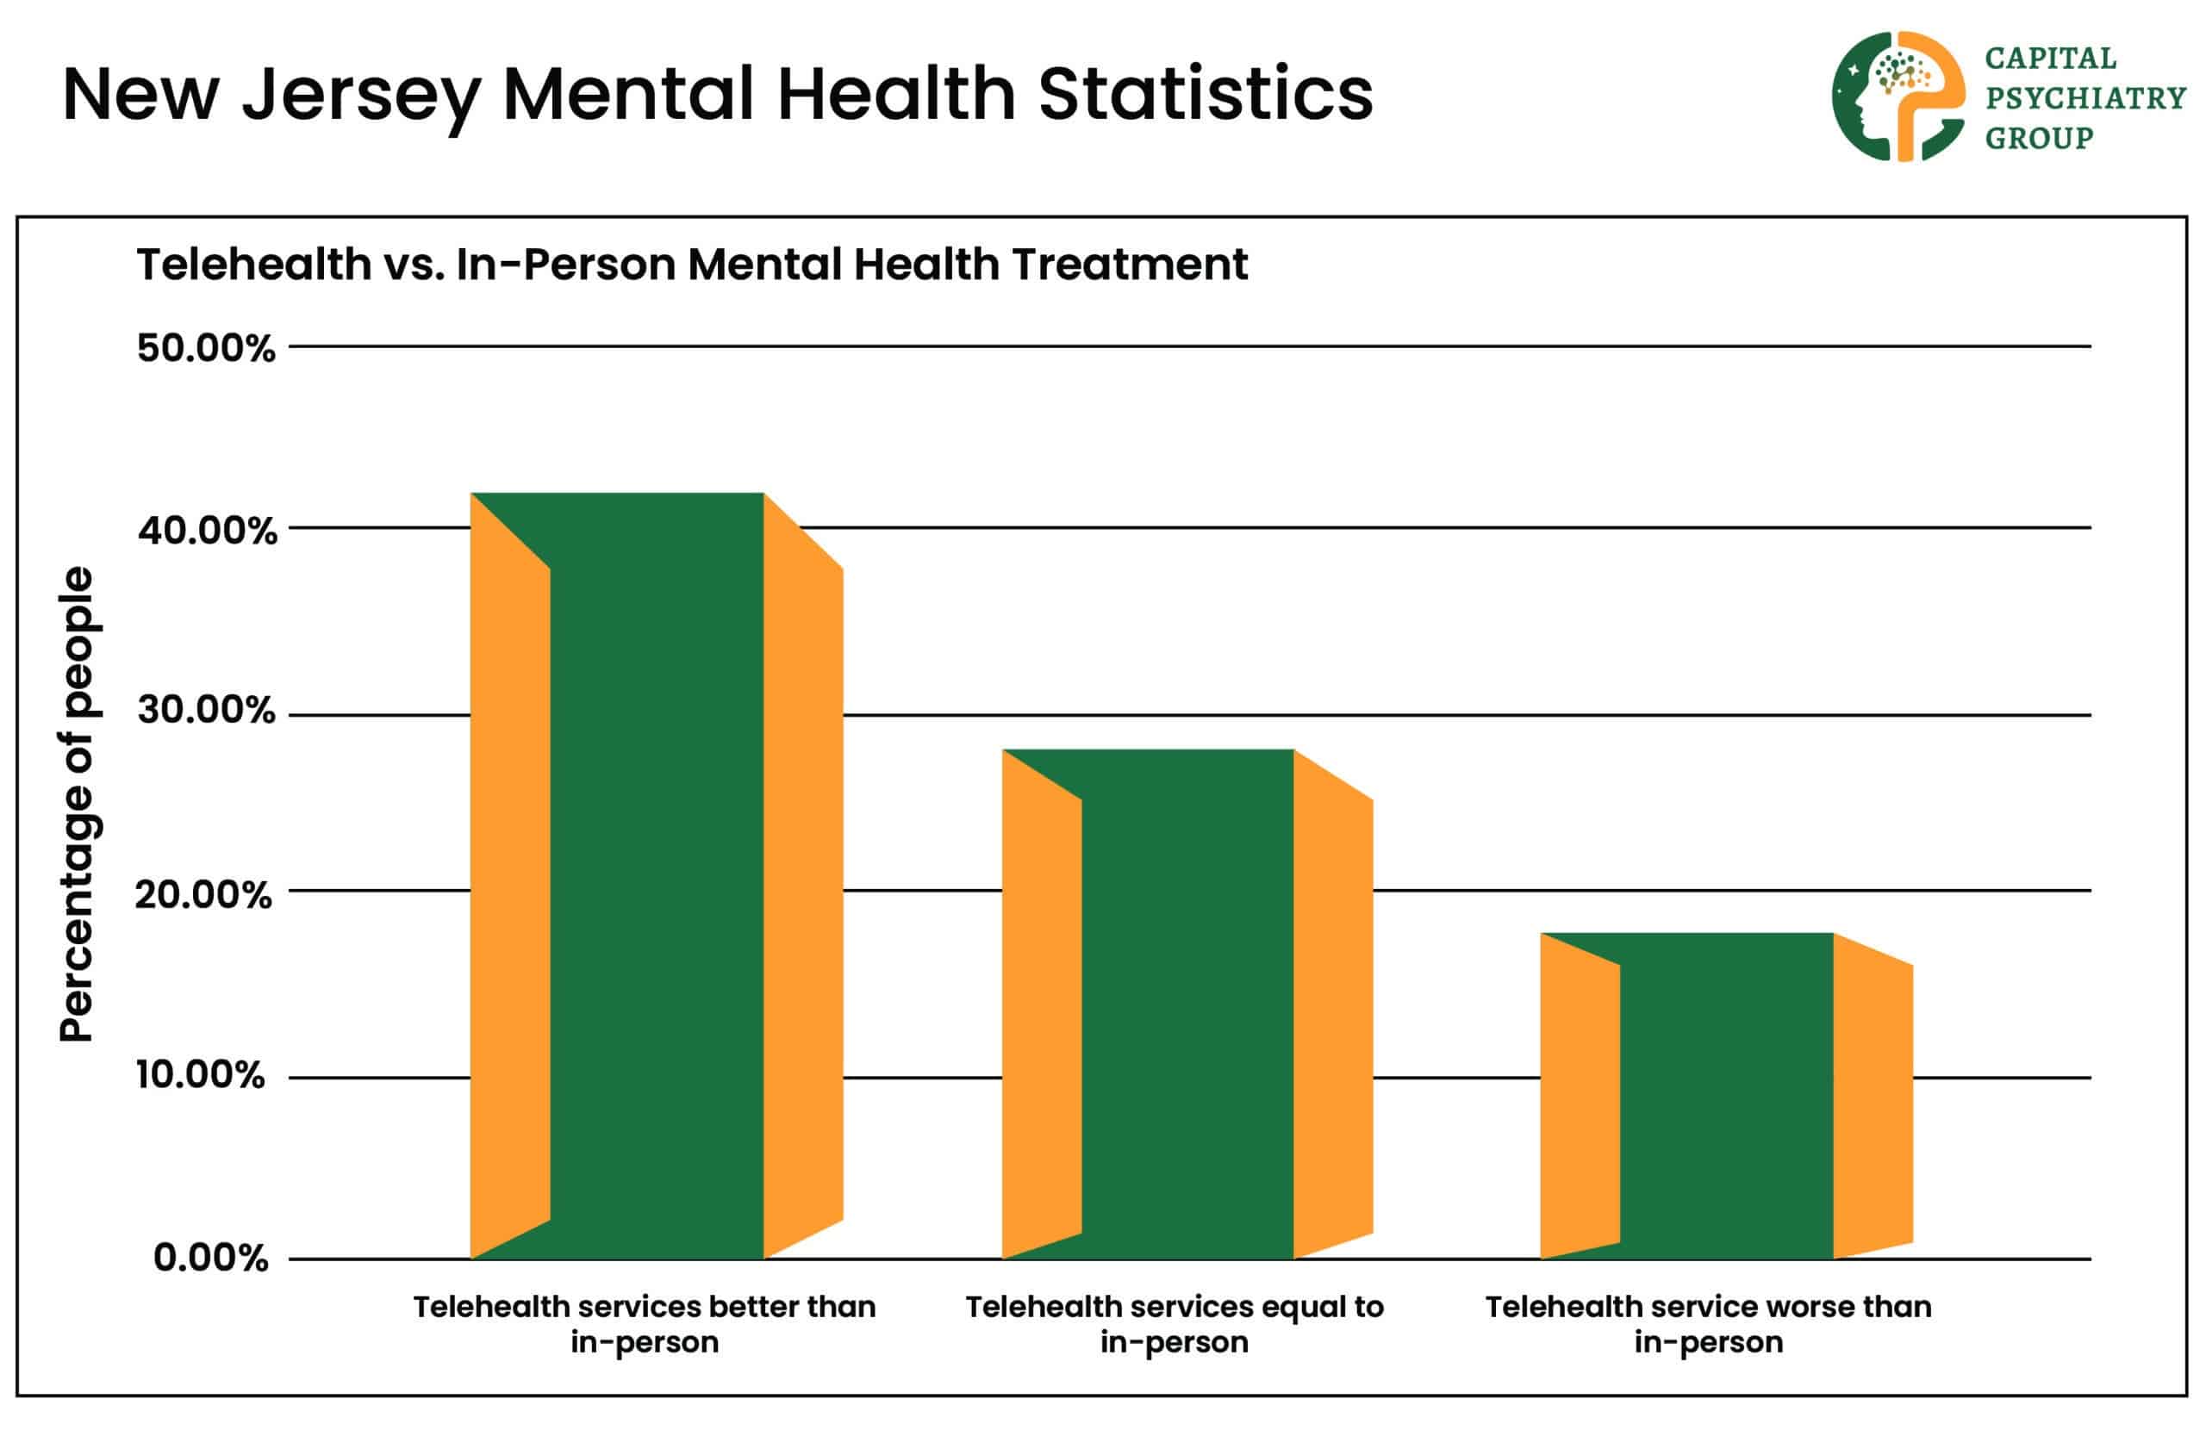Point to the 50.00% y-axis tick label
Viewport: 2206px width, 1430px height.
click(x=206, y=350)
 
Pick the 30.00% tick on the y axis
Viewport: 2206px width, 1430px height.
click(x=206, y=711)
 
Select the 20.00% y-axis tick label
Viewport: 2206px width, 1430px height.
click(x=204, y=895)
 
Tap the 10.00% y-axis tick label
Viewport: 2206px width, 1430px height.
click(x=200, y=1075)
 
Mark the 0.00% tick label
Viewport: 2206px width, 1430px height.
click(x=210, y=1258)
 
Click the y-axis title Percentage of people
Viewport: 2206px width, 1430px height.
click(x=77, y=804)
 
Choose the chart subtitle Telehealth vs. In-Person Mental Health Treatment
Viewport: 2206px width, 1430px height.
click(x=691, y=265)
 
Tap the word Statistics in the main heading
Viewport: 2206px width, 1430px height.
click(x=1205, y=95)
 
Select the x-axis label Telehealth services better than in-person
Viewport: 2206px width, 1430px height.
click(x=645, y=1323)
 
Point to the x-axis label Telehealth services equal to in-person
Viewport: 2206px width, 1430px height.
click(x=1175, y=1323)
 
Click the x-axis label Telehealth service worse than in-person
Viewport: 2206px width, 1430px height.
click(x=1708, y=1323)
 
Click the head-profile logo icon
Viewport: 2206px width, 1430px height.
click(x=1897, y=96)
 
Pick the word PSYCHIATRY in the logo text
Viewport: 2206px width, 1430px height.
click(x=2084, y=98)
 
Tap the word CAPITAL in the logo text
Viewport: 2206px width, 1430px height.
click(x=2050, y=59)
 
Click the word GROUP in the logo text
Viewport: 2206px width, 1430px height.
click(x=2038, y=138)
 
